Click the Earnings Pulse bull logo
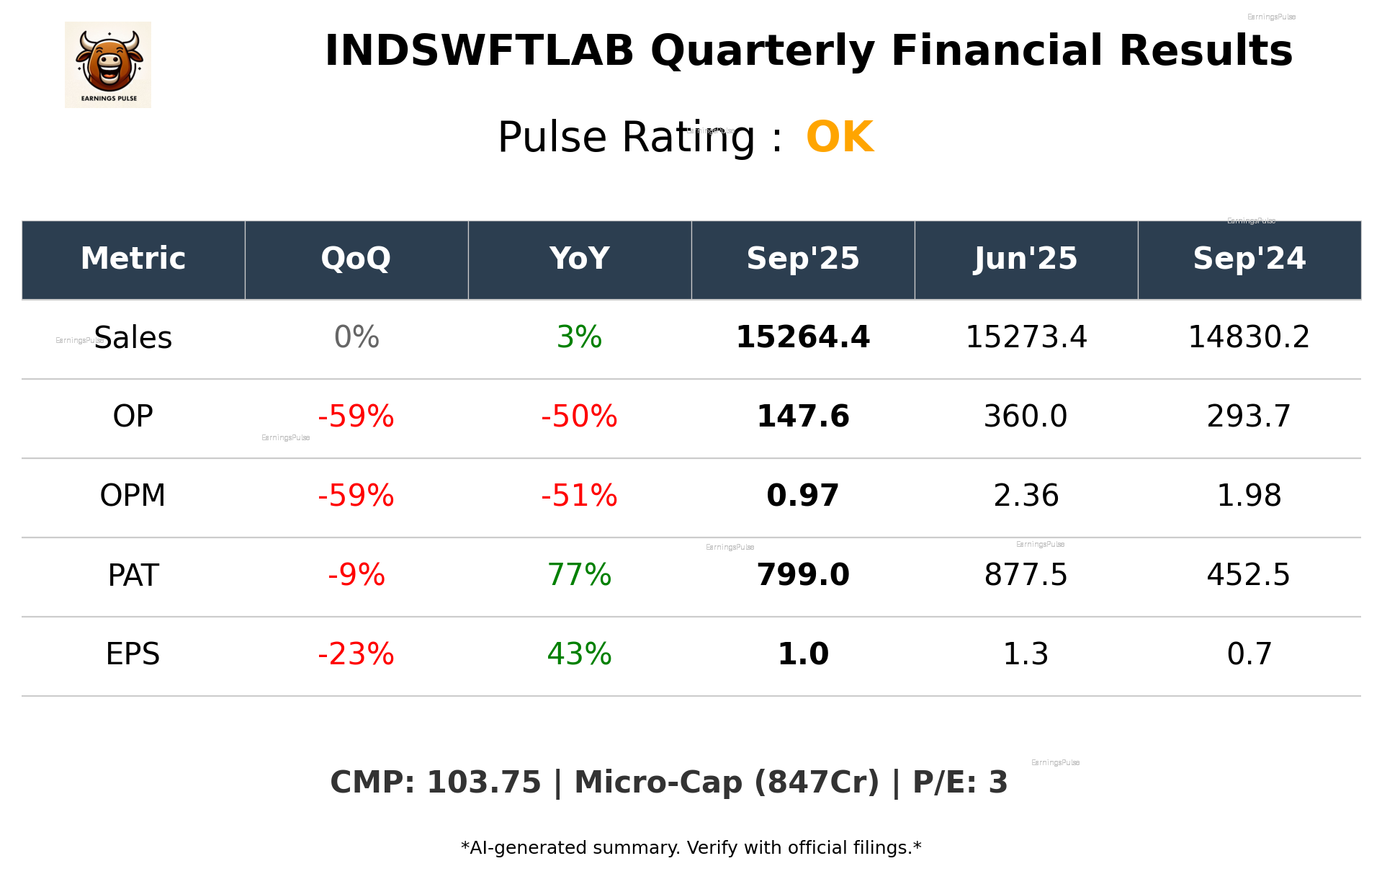pos(108,65)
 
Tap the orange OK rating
pos(840,137)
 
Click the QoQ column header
pos(356,259)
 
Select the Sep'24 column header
pos(1249,259)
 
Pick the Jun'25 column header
pos(1026,259)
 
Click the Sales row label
pos(133,338)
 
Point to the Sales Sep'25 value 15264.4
pos(802,338)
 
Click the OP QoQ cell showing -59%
pos(356,416)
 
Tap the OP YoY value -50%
pos(579,416)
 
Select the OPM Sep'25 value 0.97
pos(802,496)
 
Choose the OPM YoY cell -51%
pos(579,496)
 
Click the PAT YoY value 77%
pos(579,575)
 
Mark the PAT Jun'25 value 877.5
pos(1026,575)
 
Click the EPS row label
pos(133,654)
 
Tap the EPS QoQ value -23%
pos(356,654)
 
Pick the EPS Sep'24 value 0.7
pos(1249,654)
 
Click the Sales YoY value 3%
pos(579,338)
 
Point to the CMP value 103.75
pos(483,783)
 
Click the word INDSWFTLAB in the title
pos(479,51)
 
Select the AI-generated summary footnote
pos(691,848)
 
